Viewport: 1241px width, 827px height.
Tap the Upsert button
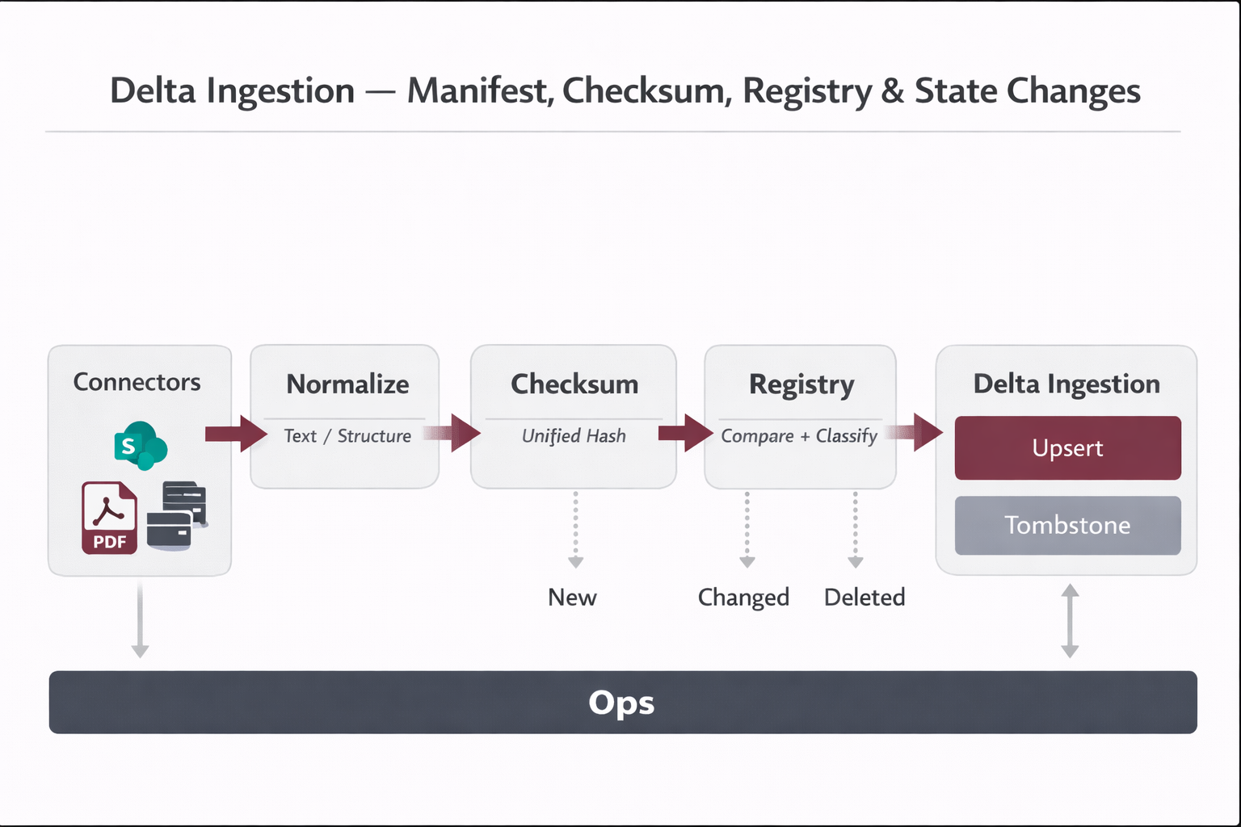pos(1067,448)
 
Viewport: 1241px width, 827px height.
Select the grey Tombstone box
pos(1067,526)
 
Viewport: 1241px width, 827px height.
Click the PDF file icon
pos(109,518)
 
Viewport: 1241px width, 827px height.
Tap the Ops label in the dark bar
pos(621,703)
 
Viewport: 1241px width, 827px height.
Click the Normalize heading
pos(347,384)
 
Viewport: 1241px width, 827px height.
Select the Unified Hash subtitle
pos(574,436)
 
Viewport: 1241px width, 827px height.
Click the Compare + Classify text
pos(799,436)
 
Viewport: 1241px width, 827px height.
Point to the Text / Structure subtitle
pos(347,436)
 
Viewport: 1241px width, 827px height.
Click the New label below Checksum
pos(572,598)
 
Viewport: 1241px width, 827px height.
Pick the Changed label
pos(743,598)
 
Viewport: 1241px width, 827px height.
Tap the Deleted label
pos(864,598)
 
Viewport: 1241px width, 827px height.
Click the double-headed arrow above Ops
pos(1070,620)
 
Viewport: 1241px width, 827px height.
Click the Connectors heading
pos(137,382)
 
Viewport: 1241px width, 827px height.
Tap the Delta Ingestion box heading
pos(1066,384)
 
